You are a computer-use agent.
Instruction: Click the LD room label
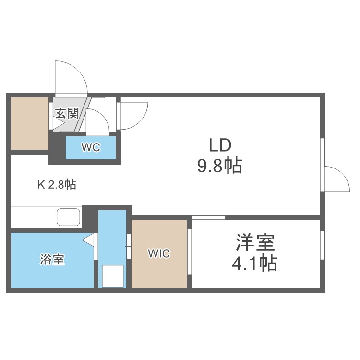coord(220,145)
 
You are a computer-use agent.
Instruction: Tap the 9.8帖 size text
coord(219,166)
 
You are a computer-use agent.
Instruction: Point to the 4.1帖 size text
coord(255,264)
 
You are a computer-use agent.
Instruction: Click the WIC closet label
coord(159,253)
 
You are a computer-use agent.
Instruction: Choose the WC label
coord(90,148)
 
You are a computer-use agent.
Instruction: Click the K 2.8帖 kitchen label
coord(57,184)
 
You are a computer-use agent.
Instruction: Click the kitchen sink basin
coord(69,217)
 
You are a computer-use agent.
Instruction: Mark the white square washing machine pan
coord(113,276)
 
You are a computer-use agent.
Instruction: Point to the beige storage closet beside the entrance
coord(30,123)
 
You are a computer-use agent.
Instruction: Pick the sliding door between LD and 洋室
coord(209,217)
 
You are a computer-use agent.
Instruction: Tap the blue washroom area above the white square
coord(112,235)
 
